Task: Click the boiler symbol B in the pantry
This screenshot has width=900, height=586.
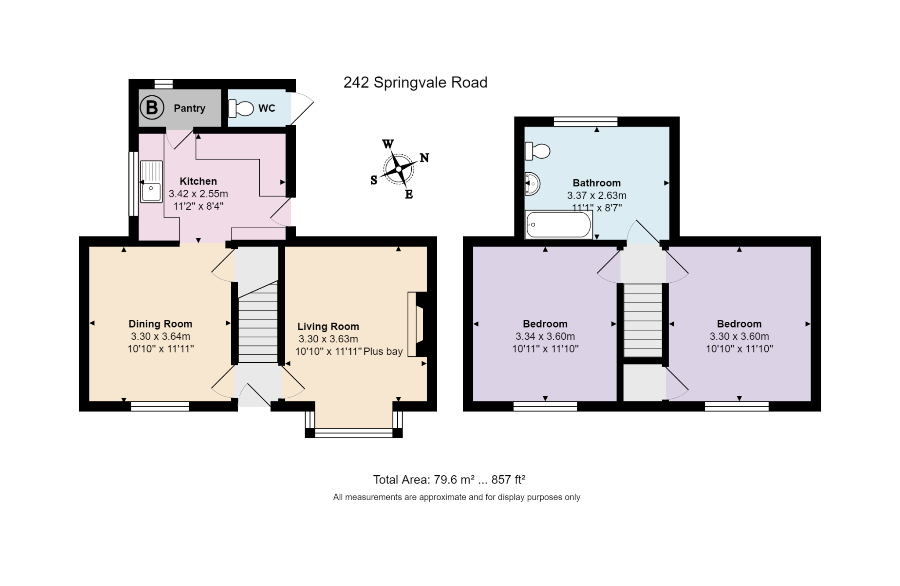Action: pos(152,108)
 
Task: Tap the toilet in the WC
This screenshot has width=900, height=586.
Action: pos(241,109)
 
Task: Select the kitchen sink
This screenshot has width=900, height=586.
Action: pos(151,182)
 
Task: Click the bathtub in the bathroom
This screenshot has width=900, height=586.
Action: pos(558,225)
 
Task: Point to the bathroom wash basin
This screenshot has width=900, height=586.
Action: pos(532,184)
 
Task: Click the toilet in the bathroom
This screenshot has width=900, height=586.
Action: pos(537,151)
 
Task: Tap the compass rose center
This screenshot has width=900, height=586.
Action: pos(398,169)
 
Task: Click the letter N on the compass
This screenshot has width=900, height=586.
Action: pos(424,158)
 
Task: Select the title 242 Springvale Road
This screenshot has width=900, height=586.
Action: pos(415,83)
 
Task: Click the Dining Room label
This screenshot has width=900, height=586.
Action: pos(160,324)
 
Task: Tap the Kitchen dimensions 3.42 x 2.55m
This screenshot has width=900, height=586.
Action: pos(198,194)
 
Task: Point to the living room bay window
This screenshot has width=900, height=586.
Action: pos(354,433)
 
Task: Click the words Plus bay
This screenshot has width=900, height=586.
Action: pos(383,352)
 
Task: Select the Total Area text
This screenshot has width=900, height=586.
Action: pos(449,480)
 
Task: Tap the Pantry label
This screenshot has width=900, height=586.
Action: pos(189,108)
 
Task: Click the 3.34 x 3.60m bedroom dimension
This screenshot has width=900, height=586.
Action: pos(545,337)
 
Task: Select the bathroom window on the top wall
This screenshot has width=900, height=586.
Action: pos(585,121)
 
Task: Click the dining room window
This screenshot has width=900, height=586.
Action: pos(160,406)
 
